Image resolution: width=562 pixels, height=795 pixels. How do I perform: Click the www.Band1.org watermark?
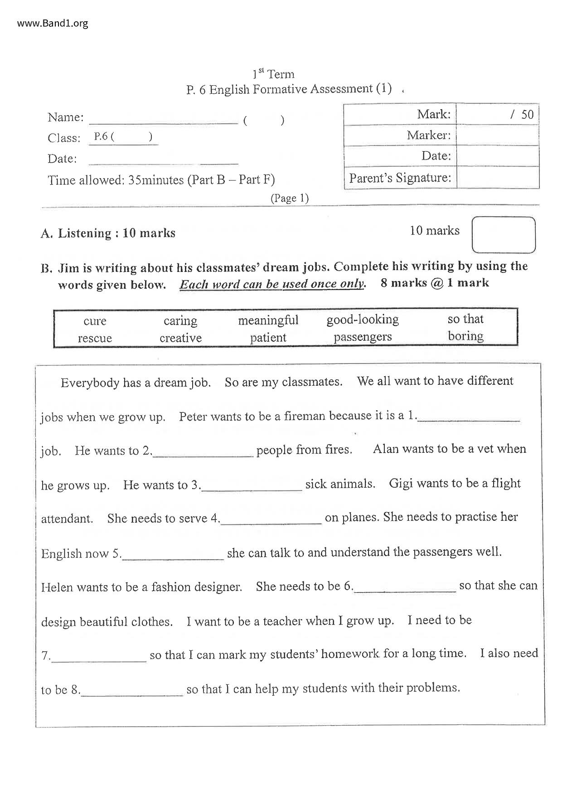click(x=53, y=23)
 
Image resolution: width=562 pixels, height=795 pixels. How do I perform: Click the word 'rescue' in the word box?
click(x=95, y=338)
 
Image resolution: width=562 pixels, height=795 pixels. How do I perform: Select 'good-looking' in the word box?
click(x=363, y=320)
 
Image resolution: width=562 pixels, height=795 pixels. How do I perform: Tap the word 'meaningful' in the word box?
click(x=268, y=320)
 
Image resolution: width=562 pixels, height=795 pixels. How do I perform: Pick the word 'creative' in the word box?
click(x=180, y=338)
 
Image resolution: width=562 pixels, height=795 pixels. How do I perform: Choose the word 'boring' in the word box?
click(x=465, y=336)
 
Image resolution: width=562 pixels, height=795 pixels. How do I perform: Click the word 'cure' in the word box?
click(x=95, y=321)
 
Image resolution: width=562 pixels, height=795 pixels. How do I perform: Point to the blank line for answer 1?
click(x=469, y=419)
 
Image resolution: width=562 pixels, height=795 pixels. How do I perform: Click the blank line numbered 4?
click(x=271, y=521)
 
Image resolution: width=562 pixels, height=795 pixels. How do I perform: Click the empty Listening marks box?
click(x=504, y=235)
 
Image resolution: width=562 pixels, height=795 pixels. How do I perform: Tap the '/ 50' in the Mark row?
click(x=522, y=115)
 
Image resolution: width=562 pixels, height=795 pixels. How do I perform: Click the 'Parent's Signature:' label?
click(x=400, y=178)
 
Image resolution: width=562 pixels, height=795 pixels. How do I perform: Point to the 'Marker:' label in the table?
click(x=428, y=135)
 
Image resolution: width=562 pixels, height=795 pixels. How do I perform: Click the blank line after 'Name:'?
click(x=163, y=121)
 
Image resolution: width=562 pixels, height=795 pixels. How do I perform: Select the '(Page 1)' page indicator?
click(x=290, y=198)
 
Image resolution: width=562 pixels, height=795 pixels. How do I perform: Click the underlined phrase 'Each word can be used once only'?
click(x=272, y=284)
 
